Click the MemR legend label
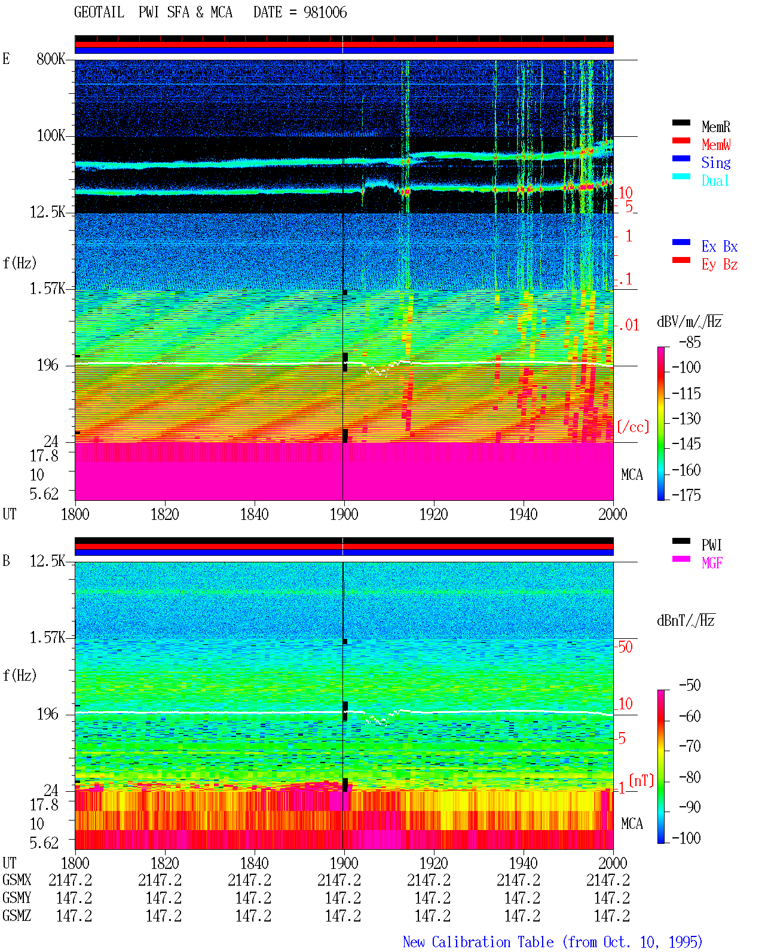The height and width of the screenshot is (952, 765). [x=715, y=127]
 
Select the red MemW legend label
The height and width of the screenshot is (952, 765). [x=715, y=145]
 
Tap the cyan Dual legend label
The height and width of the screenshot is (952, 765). [x=715, y=180]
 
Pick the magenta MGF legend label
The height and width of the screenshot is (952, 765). [x=712, y=563]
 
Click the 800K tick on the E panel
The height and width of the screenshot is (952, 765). [x=51, y=59]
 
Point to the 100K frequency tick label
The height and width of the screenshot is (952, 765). [x=51, y=136]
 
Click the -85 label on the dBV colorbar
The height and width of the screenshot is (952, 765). [x=690, y=342]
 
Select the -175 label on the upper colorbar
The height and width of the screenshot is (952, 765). [x=686, y=495]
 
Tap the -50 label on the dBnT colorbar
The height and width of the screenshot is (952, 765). [x=690, y=685]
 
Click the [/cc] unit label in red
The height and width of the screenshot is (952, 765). [x=633, y=427]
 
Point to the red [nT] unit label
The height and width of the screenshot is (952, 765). [x=641, y=780]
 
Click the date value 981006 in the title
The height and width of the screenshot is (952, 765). [x=325, y=13]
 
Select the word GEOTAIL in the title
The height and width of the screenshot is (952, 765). [x=99, y=13]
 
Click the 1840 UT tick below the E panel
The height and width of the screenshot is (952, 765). [x=255, y=515]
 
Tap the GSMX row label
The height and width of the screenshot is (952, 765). [x=17, y=880]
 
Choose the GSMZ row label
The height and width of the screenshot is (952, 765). [x=17, y=916]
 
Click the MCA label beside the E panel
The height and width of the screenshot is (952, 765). [x=632, y=475]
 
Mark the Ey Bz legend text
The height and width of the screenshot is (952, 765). [x=720, y=265]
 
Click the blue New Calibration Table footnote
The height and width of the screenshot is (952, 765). [x=552, y=942]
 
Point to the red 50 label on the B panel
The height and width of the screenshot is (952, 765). [x=625, y=647]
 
